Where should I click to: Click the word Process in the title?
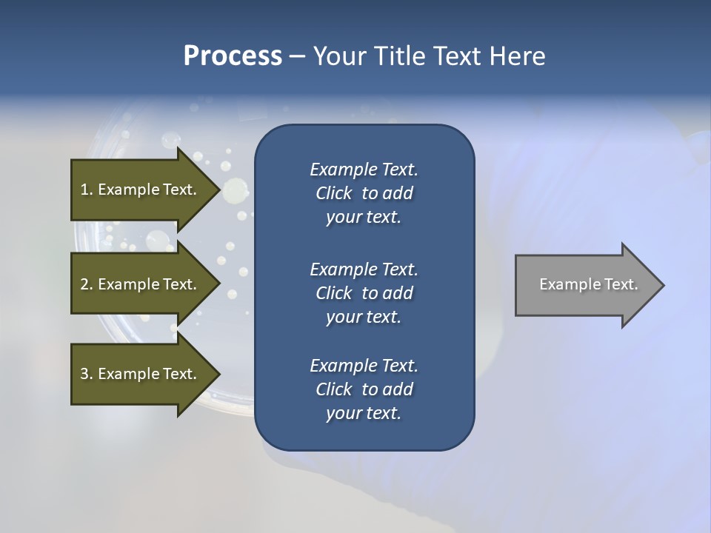[233, 56]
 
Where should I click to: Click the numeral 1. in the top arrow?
[87, 190]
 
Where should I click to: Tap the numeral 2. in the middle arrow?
[87, 284]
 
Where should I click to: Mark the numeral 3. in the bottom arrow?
[87, 374]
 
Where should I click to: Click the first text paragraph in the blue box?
[364, 193]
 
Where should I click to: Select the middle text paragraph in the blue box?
[364, 293]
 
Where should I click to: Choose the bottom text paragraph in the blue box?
[364, 389]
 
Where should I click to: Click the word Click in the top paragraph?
[334, 193]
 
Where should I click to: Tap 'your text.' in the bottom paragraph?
[364, 413]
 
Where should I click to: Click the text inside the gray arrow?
[588, 284]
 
